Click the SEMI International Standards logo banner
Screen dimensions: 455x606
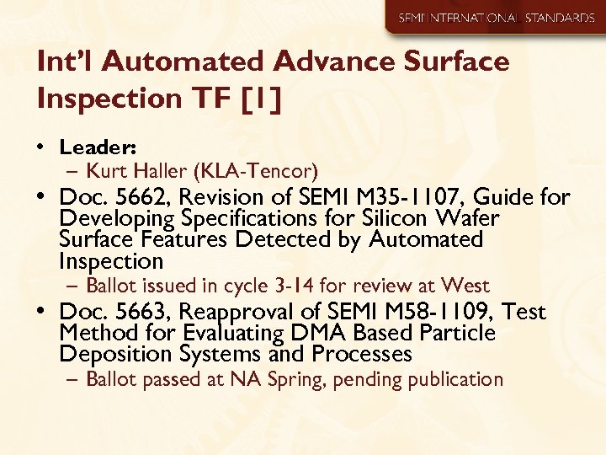coord(496,18)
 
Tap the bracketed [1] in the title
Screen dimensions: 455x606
coord(259,99)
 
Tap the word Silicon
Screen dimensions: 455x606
coord(374,219)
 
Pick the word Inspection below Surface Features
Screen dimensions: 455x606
coord(111,261)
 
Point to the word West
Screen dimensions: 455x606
coord(465,286)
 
